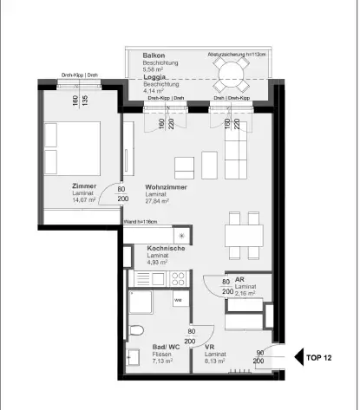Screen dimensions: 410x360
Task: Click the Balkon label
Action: pos(154,55)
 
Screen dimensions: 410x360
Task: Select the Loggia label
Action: pos(156,76)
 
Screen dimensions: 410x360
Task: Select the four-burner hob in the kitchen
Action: pos(178,278)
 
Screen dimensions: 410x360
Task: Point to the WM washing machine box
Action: pos(178,299)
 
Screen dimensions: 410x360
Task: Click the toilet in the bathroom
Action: pos(134,329)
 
